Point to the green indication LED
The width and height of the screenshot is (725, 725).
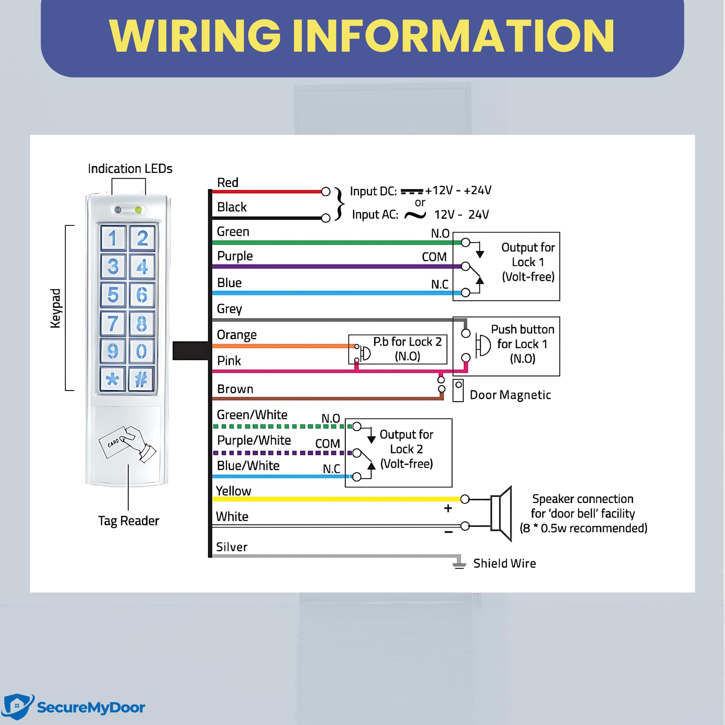point(138,210)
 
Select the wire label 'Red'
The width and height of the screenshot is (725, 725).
point(228,183)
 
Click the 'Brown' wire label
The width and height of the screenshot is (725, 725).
point(235,389)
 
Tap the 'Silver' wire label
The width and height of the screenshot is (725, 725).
point(232,547)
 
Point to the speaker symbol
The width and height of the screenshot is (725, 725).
point(501,514)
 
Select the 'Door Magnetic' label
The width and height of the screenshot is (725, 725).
point(510,395)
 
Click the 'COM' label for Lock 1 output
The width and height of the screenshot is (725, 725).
point(434,257)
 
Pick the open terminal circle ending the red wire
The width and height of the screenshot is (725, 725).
point(326,192)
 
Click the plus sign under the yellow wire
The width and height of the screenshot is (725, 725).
point(448,509)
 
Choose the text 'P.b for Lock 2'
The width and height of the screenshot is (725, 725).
point(407,342)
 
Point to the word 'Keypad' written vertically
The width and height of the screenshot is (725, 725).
point(55,308)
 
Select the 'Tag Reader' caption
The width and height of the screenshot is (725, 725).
point(129,521)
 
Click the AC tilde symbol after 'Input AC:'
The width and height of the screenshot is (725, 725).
point(416,215)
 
